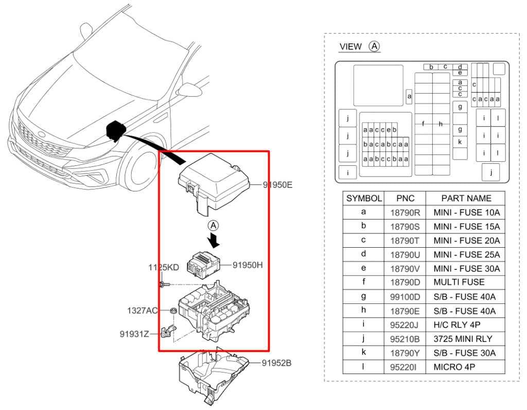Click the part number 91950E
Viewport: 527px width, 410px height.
click(x=277, y=184)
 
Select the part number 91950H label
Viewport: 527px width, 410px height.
click(x=248, y=265)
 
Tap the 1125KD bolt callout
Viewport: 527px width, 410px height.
click(x=164, y=268)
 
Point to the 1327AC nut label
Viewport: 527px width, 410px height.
click(x=143, y=311)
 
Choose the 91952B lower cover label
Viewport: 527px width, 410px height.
click(x=276, y=363)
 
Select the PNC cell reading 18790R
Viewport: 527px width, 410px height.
click(x=405, y=212)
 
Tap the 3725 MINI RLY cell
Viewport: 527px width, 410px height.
click(x=463, y=339)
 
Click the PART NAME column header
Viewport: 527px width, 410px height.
click(x=466, y=198)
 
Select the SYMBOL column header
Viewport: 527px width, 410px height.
click(x=364, y=198)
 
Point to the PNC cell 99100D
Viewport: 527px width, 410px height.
click(x=405, y=297)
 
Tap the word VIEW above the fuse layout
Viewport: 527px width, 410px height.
click(x=350, y=47)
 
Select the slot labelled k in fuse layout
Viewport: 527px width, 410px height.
click(x=460, y=142)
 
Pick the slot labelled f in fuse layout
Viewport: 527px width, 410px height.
click(x=423, y=124)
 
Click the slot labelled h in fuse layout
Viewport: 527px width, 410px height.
click(x=441, y=124)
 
